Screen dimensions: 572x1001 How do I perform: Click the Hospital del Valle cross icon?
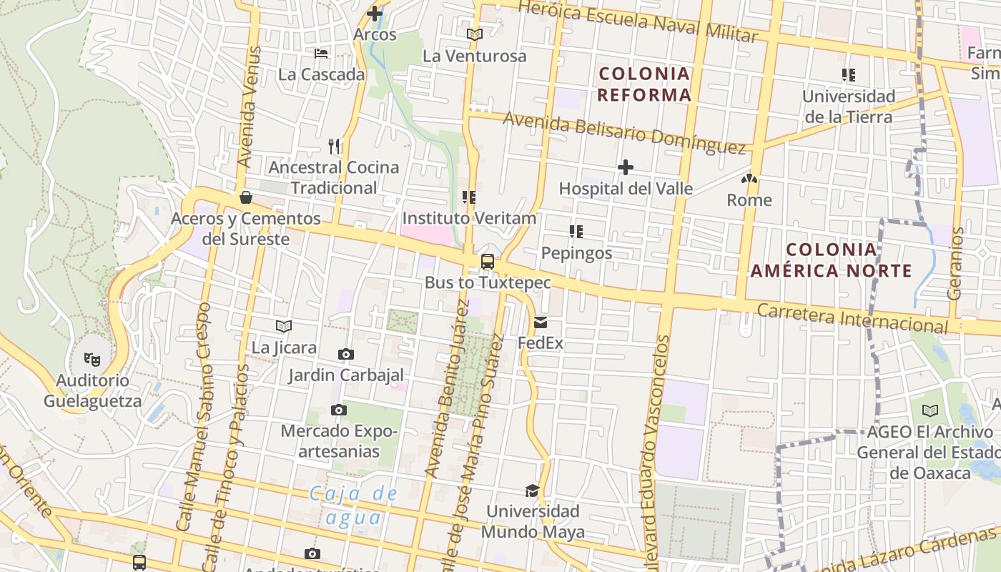[626, 167]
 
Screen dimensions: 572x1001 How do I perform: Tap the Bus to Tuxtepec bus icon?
[488, 262]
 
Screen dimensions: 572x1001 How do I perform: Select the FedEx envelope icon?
[540, 322]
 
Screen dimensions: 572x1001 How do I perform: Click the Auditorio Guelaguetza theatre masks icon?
[92, 358]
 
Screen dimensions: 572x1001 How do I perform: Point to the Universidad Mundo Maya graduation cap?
[532, 490]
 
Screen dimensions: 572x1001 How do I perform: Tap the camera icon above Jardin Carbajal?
[346, 354]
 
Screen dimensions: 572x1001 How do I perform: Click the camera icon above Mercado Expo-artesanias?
[339, 410]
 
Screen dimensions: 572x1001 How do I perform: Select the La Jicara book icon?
[284, 327]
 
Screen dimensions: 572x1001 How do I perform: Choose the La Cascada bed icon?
[321, 53]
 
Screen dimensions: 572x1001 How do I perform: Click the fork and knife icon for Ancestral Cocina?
[334, 147]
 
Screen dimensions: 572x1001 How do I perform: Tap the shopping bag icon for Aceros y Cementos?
[246, 197]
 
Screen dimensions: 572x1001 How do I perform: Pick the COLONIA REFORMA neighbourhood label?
[644, 84]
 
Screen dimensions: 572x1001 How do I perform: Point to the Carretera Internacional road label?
[852, 318]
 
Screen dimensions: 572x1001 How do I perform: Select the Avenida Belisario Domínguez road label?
[625, 132]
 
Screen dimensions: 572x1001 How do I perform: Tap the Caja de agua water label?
[353, 505]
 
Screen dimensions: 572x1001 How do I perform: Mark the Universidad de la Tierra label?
[848, 106]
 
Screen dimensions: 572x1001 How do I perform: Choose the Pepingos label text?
[576, 253]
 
